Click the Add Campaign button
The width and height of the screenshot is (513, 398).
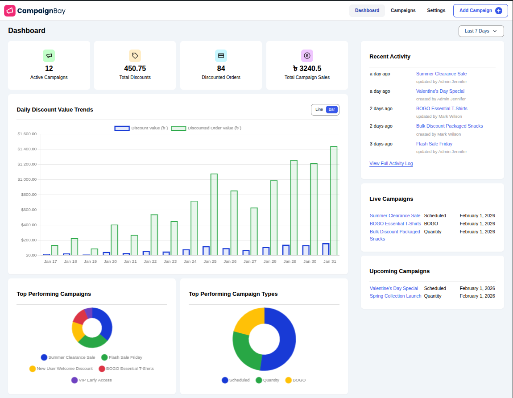(480, 11)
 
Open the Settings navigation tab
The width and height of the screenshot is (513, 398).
(436, 11)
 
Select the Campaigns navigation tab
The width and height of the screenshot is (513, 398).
(403, 11)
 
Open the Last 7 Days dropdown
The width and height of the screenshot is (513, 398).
(481, 31)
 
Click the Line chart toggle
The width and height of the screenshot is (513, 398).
(319, 110)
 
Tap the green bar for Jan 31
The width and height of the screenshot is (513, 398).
(334, 201)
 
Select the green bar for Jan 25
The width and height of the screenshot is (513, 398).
(214, 214)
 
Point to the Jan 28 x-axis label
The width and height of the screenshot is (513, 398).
(270, 261)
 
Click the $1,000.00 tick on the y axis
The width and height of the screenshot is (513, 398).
(27, 179)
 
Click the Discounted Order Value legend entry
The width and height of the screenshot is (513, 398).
(207, 128)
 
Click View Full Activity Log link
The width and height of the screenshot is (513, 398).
(391, 164)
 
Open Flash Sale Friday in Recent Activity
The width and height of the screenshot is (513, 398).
(434, 144)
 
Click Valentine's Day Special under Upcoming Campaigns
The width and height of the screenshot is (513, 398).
(394, 289)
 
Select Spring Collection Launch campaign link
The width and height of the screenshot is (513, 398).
(395, 296)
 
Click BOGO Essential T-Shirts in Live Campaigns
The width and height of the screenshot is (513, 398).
(395, 224)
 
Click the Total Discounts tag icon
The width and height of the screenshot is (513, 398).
(135, 56)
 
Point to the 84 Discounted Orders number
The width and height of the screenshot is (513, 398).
(221, 69)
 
